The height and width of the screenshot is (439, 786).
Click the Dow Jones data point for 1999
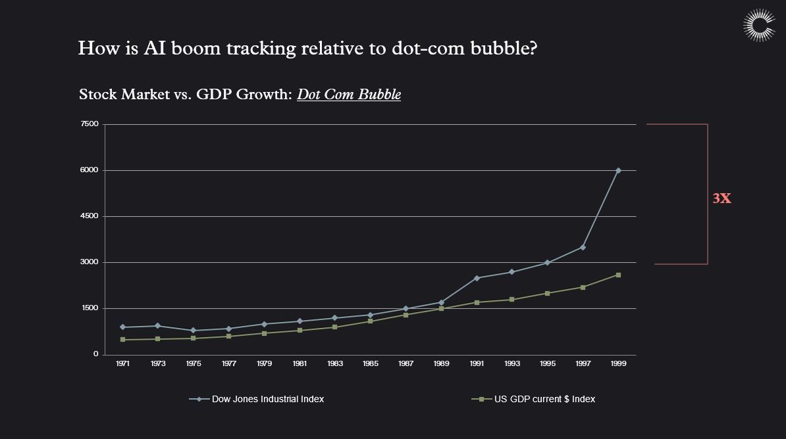618,170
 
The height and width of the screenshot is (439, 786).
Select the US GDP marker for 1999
618,275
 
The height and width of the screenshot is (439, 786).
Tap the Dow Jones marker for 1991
477,278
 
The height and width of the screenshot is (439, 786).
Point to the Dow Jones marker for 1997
583,247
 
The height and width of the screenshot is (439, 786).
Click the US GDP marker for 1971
122,340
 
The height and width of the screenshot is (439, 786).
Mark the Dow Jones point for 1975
193,331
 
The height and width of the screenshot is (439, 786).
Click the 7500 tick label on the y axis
90,124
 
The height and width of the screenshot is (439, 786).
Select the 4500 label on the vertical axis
90,216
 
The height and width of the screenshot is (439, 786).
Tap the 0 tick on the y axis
95,354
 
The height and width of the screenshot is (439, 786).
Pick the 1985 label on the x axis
370,363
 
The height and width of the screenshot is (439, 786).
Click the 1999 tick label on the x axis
618,363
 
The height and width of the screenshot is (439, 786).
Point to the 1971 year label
122,363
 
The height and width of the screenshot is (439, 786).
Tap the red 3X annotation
722,198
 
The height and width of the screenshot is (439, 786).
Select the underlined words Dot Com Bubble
349,95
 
